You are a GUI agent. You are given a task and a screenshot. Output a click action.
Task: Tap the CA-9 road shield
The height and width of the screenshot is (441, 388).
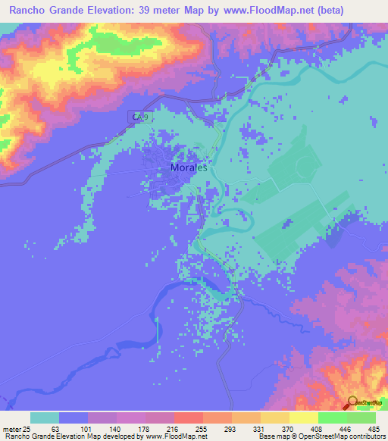[x=140, y=117]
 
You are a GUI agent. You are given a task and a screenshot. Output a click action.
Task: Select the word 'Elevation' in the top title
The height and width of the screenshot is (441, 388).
[x=130, y=10]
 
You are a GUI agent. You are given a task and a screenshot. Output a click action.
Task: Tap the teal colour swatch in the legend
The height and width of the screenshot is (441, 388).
[x=45, y=418]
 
